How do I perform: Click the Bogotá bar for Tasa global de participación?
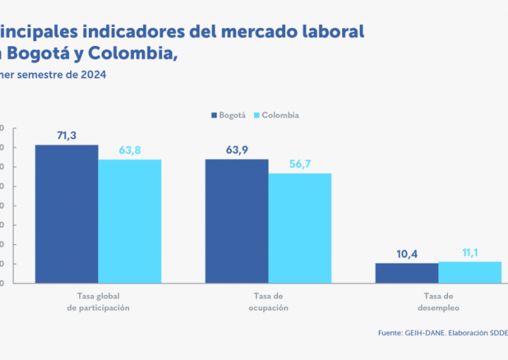click(67, 214)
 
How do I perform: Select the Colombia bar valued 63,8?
click(130, 221)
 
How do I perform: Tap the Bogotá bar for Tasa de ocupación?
click(236, 221)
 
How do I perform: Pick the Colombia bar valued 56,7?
click(300, 228)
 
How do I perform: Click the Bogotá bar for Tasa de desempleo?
click(406, 273)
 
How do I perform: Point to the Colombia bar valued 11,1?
click(470, 272)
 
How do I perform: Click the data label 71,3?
click(67, 134)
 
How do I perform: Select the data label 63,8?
click(130, 149)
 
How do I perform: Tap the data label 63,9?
click(237, 149)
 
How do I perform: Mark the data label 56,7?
click(300, 164)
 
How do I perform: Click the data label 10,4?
click(406, 253)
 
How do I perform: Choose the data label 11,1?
click(470, 251)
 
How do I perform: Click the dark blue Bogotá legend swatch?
click(213, 115)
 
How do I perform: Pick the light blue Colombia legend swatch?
click(257, 115)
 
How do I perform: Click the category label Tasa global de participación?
click(98, 302)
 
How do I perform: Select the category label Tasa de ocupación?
click(268, 302)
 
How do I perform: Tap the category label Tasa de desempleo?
click(438, 302)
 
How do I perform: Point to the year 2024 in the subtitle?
click(94, 74)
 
